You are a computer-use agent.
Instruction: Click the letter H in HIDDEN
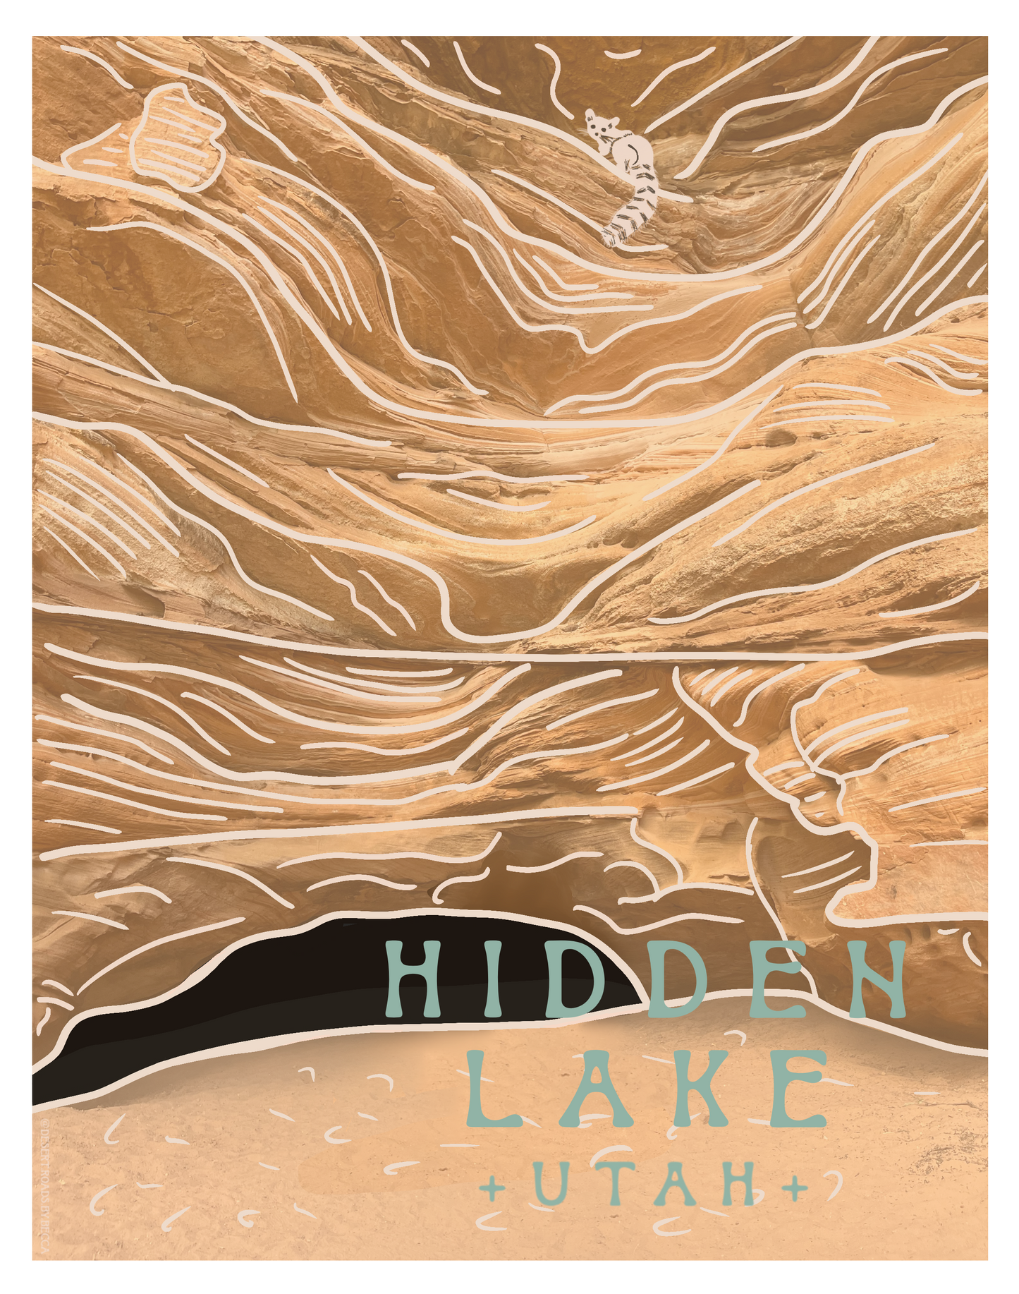413,976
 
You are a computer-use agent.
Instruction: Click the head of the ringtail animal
599,128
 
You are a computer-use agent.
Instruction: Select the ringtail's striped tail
638,205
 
